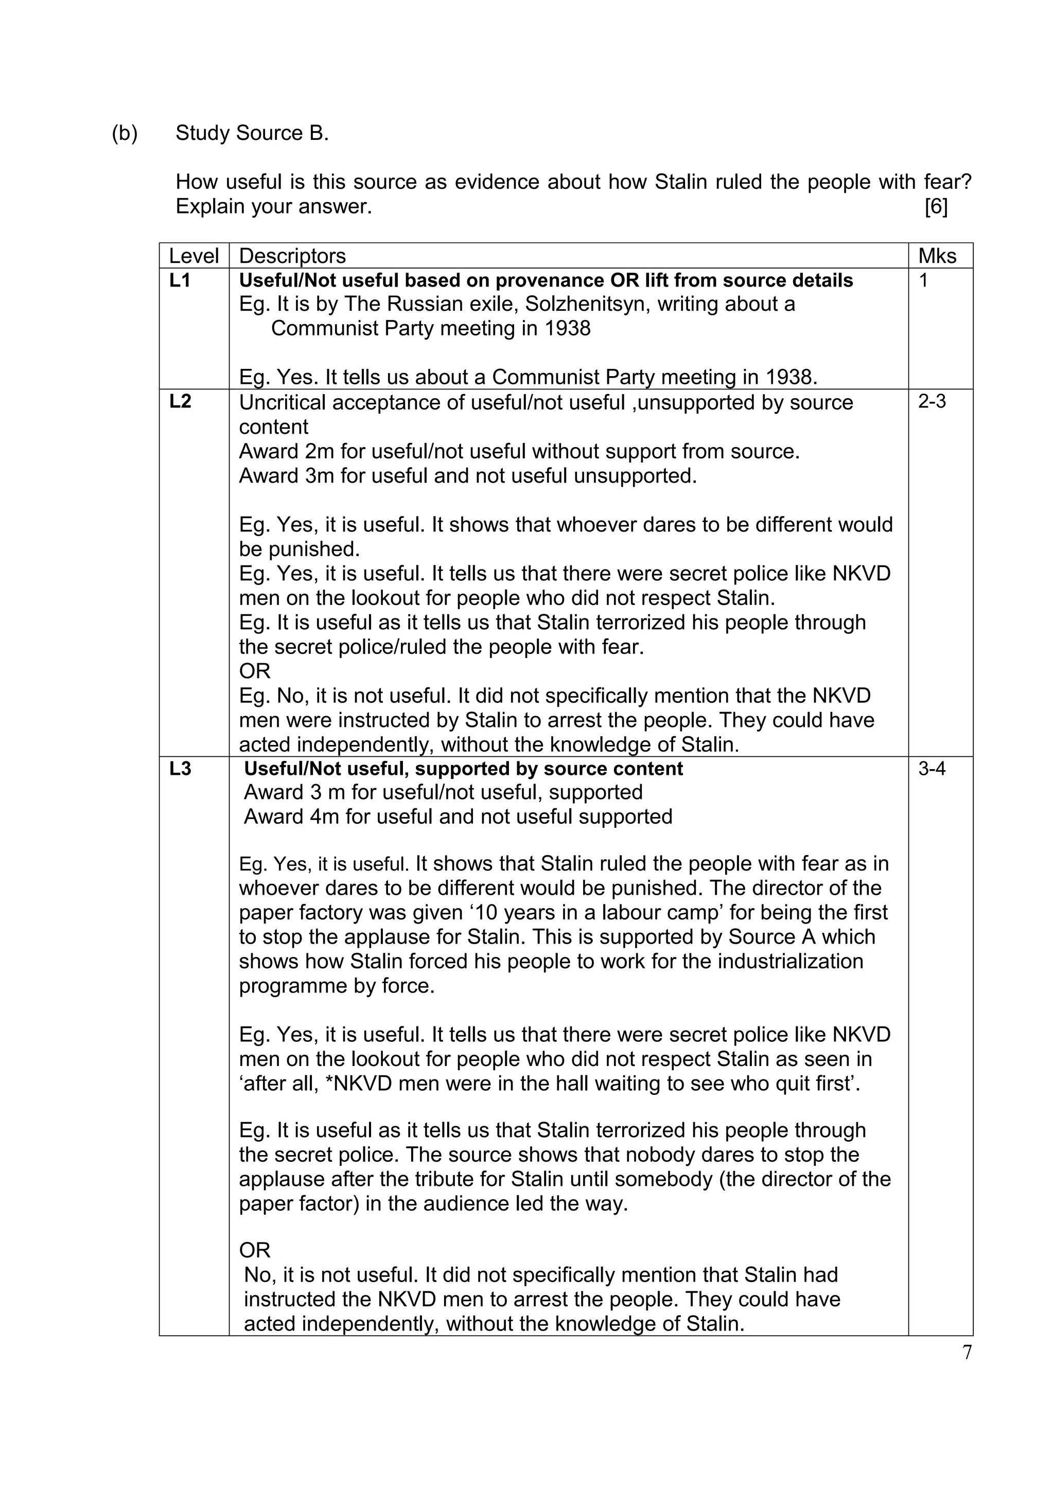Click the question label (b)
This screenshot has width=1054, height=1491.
click(x=124, y=133)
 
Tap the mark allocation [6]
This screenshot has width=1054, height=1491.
click(x=935, y=206)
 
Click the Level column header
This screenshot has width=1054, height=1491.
click(x=194, y=256)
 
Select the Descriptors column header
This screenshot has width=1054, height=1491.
click(x=292, y=256)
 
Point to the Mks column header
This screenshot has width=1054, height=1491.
click(x=937, y=256)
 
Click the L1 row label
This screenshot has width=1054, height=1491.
click(x=180, y=280)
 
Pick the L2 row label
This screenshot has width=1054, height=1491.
click(x=180, y=401)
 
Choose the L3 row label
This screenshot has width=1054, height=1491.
click(x=180, y=769)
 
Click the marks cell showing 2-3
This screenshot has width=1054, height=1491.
click(x=932, y=401)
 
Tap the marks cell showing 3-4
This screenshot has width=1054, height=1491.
click(x=932, y=769)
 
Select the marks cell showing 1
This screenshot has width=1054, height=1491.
click(x=923, y=280)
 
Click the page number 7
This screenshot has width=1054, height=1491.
click(x=967, y=1353)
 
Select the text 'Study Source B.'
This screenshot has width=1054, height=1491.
click(x=252, y=133)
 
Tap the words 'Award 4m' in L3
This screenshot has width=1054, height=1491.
click(x=292, y=816)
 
